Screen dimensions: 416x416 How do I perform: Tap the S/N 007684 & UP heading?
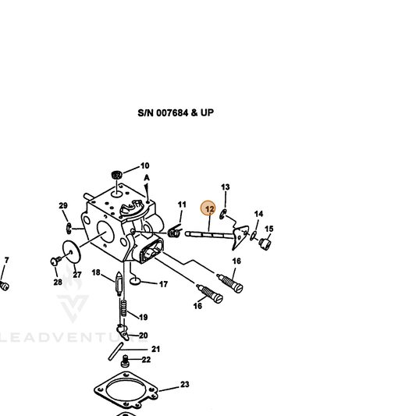point(176,112)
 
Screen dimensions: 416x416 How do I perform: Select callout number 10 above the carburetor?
point(144,165)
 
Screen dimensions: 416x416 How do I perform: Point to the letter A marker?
point(147,178)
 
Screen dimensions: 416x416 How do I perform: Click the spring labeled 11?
point(175,231)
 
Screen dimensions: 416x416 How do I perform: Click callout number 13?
point(226,187)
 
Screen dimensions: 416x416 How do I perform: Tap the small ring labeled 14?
point(254,236)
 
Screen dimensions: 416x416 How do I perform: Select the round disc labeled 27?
point(72,252)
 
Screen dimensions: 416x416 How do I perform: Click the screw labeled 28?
point(55,261)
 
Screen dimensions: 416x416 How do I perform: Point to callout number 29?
point(63,205)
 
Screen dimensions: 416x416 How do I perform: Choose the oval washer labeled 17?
point(135,281)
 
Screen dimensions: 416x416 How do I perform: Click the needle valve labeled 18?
point(119,284)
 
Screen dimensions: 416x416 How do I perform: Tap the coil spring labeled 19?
point(123,308)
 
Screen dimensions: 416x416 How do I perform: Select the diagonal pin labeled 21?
point(116,351)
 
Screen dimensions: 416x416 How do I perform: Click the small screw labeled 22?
point(125,362)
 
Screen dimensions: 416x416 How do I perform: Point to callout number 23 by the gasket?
point(185,385)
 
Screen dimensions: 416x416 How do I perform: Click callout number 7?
point(6,260)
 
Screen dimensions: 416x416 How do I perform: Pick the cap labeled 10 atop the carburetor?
point(117,175)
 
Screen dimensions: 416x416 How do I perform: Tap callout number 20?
point(144,336)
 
